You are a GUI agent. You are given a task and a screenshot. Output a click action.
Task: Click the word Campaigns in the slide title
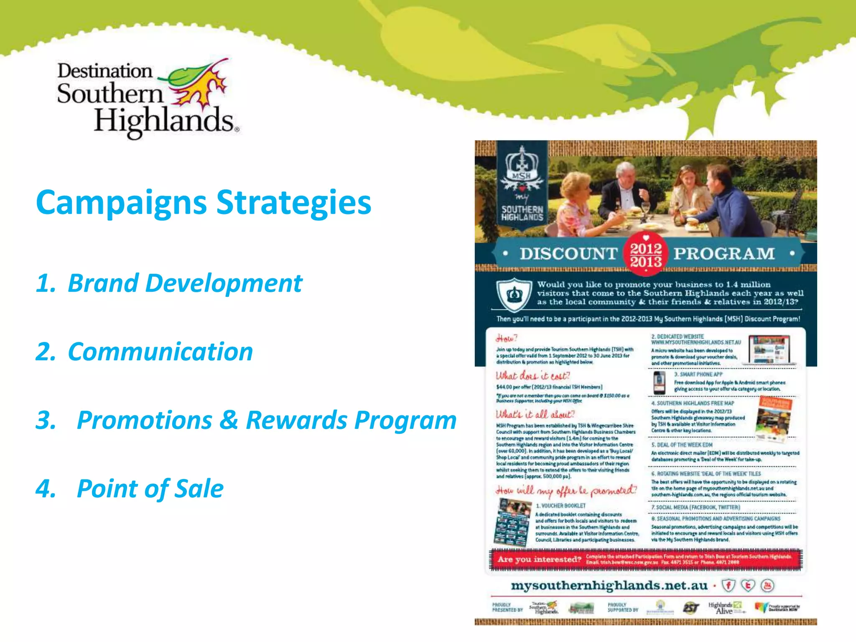[x=121, y=203]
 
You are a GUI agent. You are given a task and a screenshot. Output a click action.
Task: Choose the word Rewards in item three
[x=296, y=420]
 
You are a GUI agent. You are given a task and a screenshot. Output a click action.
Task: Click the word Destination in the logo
[x=104, y=71]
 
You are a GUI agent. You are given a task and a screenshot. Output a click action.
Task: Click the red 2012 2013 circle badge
[x=646, y=255]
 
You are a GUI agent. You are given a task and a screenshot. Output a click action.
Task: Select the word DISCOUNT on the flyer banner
[x=568, y=254]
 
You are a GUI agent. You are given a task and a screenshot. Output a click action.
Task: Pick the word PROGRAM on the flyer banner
[x=724, y=254]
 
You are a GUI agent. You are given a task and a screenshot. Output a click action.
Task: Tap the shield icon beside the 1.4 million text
[x=514, y=295]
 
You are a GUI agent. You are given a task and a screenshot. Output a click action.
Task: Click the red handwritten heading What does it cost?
[x=532, y=376]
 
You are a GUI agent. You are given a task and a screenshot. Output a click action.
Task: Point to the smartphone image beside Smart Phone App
[x=659, y=382]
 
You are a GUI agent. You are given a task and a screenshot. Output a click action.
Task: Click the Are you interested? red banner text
[x=539, y=559]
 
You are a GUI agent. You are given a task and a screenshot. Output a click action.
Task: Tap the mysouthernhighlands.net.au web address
[x=609, y=586]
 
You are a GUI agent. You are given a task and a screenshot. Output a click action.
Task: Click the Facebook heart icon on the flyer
[x=728, y=585]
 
